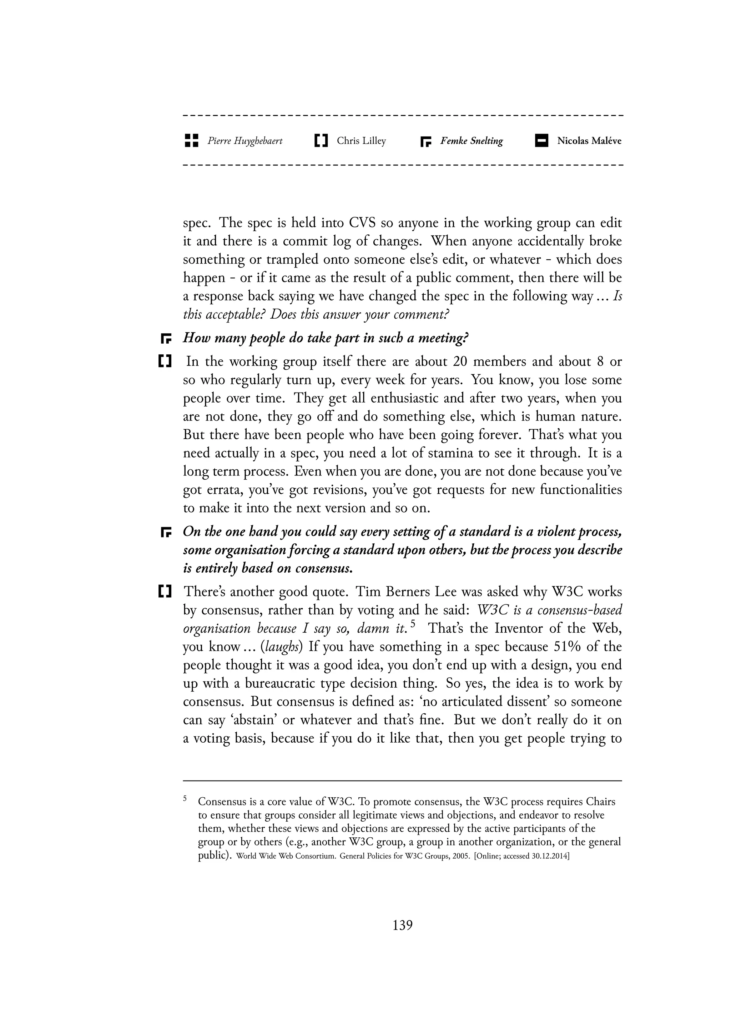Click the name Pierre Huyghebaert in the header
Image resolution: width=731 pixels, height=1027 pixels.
pos(245,141)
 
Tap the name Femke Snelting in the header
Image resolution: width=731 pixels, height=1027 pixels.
pos(471,141)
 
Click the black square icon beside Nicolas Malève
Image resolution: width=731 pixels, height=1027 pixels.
pos(541,141)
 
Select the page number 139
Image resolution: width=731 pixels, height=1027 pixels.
pos(402,925)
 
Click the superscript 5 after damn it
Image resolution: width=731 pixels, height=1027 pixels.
pos(413,624)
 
